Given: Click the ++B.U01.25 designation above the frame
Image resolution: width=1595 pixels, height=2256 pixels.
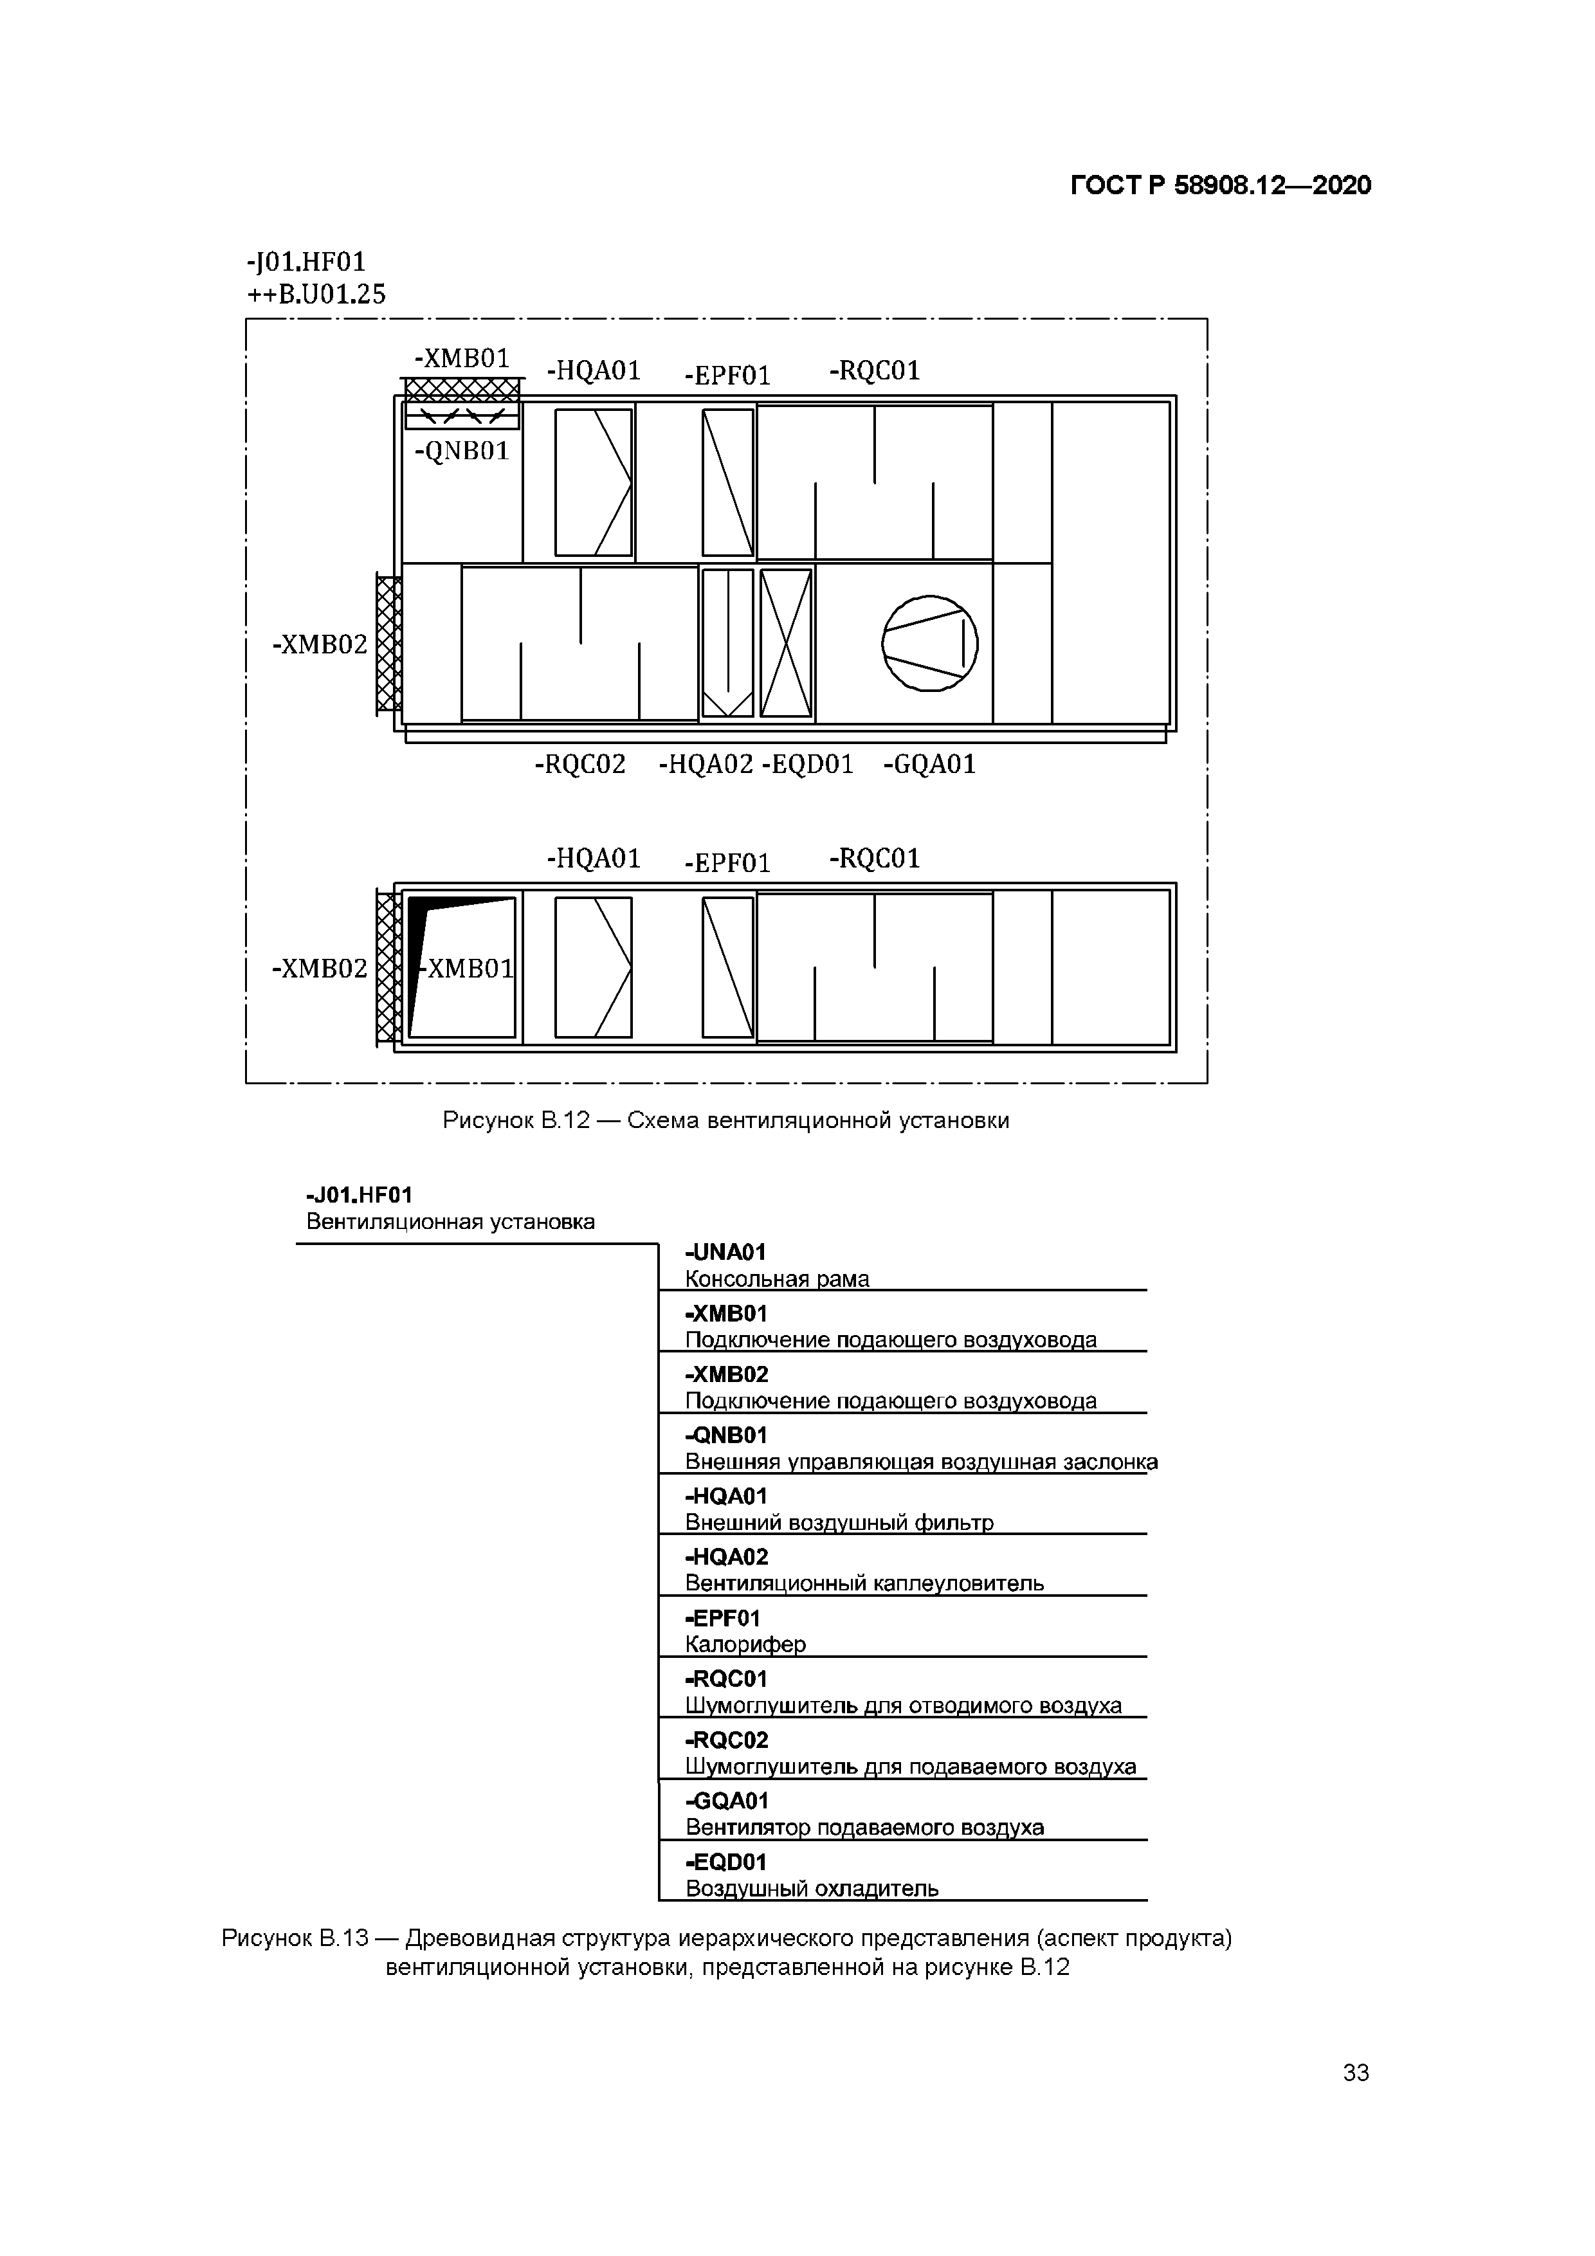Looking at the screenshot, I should click(x=316, y=294).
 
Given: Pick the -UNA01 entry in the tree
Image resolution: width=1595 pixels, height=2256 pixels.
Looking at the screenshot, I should click(x=725, y=1252).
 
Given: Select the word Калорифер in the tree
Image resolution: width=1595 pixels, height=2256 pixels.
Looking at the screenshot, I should click(x=745, y=1644).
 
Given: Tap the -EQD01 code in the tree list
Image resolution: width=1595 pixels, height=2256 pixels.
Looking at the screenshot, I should click(x=725, y=1862).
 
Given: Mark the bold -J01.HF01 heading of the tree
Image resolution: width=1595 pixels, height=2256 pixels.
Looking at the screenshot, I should click(x=359, y=1195).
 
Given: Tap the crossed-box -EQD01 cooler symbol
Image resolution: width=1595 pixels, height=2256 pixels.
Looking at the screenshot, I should click(x=786, y=644).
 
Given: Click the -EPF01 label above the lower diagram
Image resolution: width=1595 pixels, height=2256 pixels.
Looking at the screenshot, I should click(x=727, y=862).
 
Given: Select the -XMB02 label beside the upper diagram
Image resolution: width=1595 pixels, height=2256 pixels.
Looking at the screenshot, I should click(x=320, y=644).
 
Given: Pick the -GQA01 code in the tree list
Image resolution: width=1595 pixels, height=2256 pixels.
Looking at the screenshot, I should click(x=726, y=1801).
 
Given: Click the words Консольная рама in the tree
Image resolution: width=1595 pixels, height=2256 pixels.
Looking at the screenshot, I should click(x=776, y=1278).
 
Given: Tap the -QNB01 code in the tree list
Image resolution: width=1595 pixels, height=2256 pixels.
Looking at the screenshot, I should click(x=725, y=1435).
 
